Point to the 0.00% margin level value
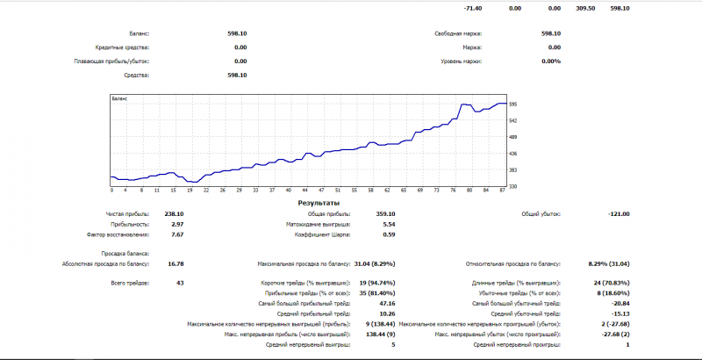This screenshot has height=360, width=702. [551, 61]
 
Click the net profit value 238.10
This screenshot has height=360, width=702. [174, 214]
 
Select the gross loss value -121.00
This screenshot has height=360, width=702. [619, 214]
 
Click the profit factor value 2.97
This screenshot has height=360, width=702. [177, 225]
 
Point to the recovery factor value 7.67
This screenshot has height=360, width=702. [177, 235]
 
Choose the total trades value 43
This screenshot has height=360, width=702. [179, 283]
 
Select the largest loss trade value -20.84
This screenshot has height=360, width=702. [620, 303]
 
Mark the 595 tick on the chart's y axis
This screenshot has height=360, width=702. [513, 104]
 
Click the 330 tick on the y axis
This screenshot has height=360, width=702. [513, 185]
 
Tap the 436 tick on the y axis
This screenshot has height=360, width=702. [513, 153]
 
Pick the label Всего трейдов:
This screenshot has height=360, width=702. [131, 283]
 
